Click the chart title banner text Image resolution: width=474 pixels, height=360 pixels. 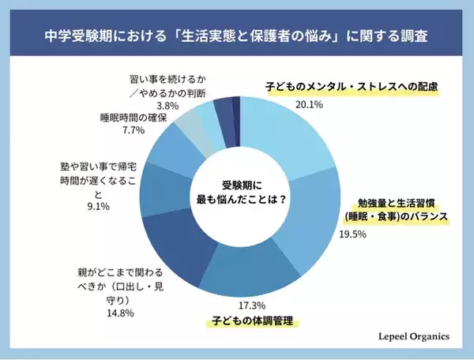click(x=237, y=37)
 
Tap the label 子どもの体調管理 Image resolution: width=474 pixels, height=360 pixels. click(x=255, y=321)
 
